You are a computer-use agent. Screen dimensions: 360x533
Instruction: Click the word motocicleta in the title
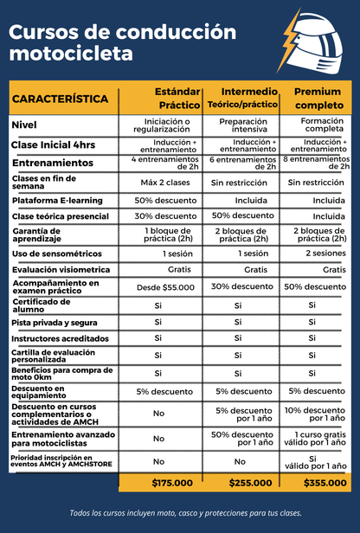[71, 55]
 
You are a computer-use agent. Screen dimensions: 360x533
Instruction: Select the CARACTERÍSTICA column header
[61, 100]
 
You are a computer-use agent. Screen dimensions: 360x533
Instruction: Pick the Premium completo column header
[318, 98]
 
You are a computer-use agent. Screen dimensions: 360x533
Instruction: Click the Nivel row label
[24, 125]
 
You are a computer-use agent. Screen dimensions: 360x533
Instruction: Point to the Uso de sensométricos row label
[55, 254]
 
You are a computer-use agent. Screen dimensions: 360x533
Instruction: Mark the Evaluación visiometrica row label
[59, 270]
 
